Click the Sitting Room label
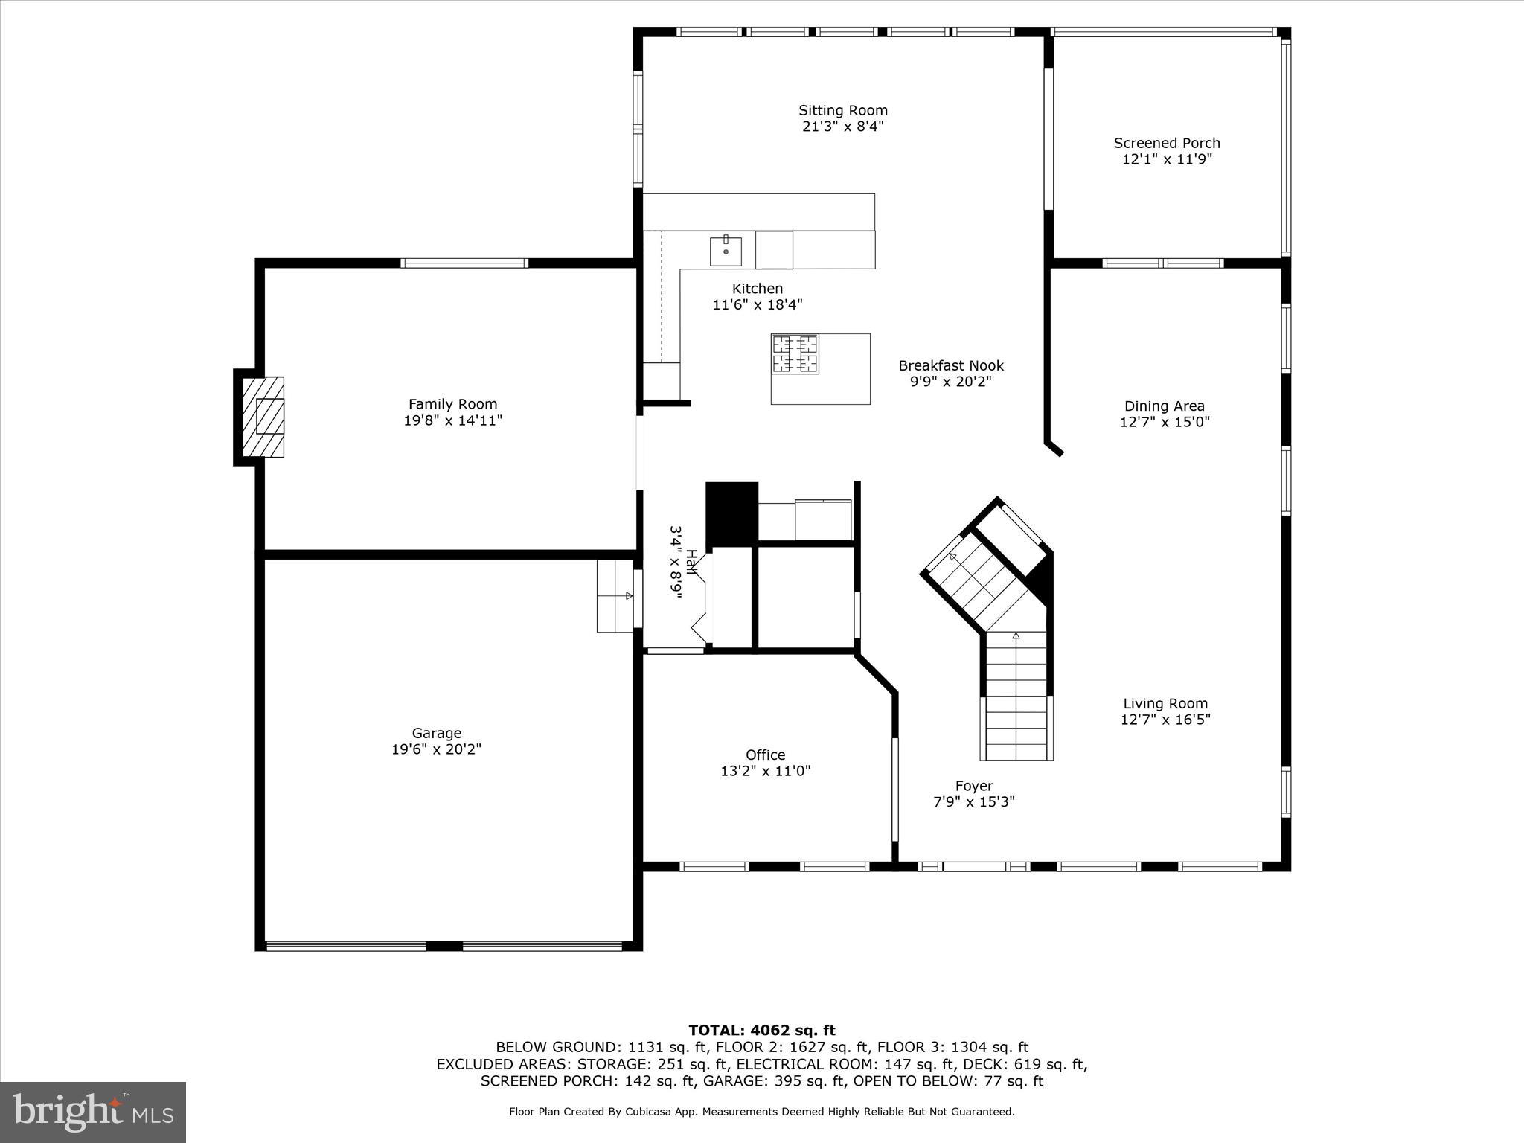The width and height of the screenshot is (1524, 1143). point(842,110)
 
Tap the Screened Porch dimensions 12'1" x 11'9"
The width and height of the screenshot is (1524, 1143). point(1167,159)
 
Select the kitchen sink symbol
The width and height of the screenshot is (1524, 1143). point(725,251)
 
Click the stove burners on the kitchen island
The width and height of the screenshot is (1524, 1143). point(795,353)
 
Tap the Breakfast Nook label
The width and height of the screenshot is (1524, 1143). point(950,365)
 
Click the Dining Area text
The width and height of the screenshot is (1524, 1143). point(1164,406)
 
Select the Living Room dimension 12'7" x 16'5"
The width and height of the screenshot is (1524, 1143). point(1165,720)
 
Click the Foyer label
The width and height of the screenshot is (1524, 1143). point(974,786)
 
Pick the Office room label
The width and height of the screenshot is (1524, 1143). point(765,755)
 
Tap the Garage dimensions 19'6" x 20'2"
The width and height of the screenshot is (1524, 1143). point(436,749)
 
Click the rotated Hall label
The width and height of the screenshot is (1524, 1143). point(691,562)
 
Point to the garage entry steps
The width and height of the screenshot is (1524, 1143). point(615,596)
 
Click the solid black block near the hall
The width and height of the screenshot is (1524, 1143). point(731,513)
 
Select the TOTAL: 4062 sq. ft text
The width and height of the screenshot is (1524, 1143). point(761,1031)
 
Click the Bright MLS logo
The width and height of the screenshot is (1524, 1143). point(93,1112)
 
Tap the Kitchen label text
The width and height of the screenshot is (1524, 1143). point(757,289)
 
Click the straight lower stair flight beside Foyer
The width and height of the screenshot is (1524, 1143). point(1016,696)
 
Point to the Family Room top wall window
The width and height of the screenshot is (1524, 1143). point(464,263)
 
